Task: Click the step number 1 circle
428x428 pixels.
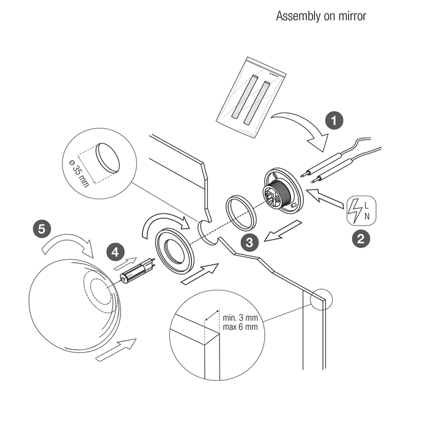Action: point(334,120)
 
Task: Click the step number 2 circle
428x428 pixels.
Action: point(361,239)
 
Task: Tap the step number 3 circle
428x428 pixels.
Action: point(249,242)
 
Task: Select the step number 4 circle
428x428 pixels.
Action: point(116,252)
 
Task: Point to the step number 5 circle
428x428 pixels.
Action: point(42,229)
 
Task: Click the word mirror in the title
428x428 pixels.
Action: point(352,16)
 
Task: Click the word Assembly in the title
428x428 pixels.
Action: point(298,17)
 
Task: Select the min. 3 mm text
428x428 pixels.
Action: point(240,318)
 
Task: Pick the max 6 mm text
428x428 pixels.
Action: point(240,327)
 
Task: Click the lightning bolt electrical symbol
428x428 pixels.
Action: point(356,211)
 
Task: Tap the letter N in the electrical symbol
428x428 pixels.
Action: point(367,216)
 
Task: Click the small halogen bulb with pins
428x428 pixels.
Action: point(138,271)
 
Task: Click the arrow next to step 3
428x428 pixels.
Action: point(282,231)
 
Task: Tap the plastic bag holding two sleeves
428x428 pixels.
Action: point(251,97)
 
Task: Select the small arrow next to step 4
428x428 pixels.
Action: point(125,264)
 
